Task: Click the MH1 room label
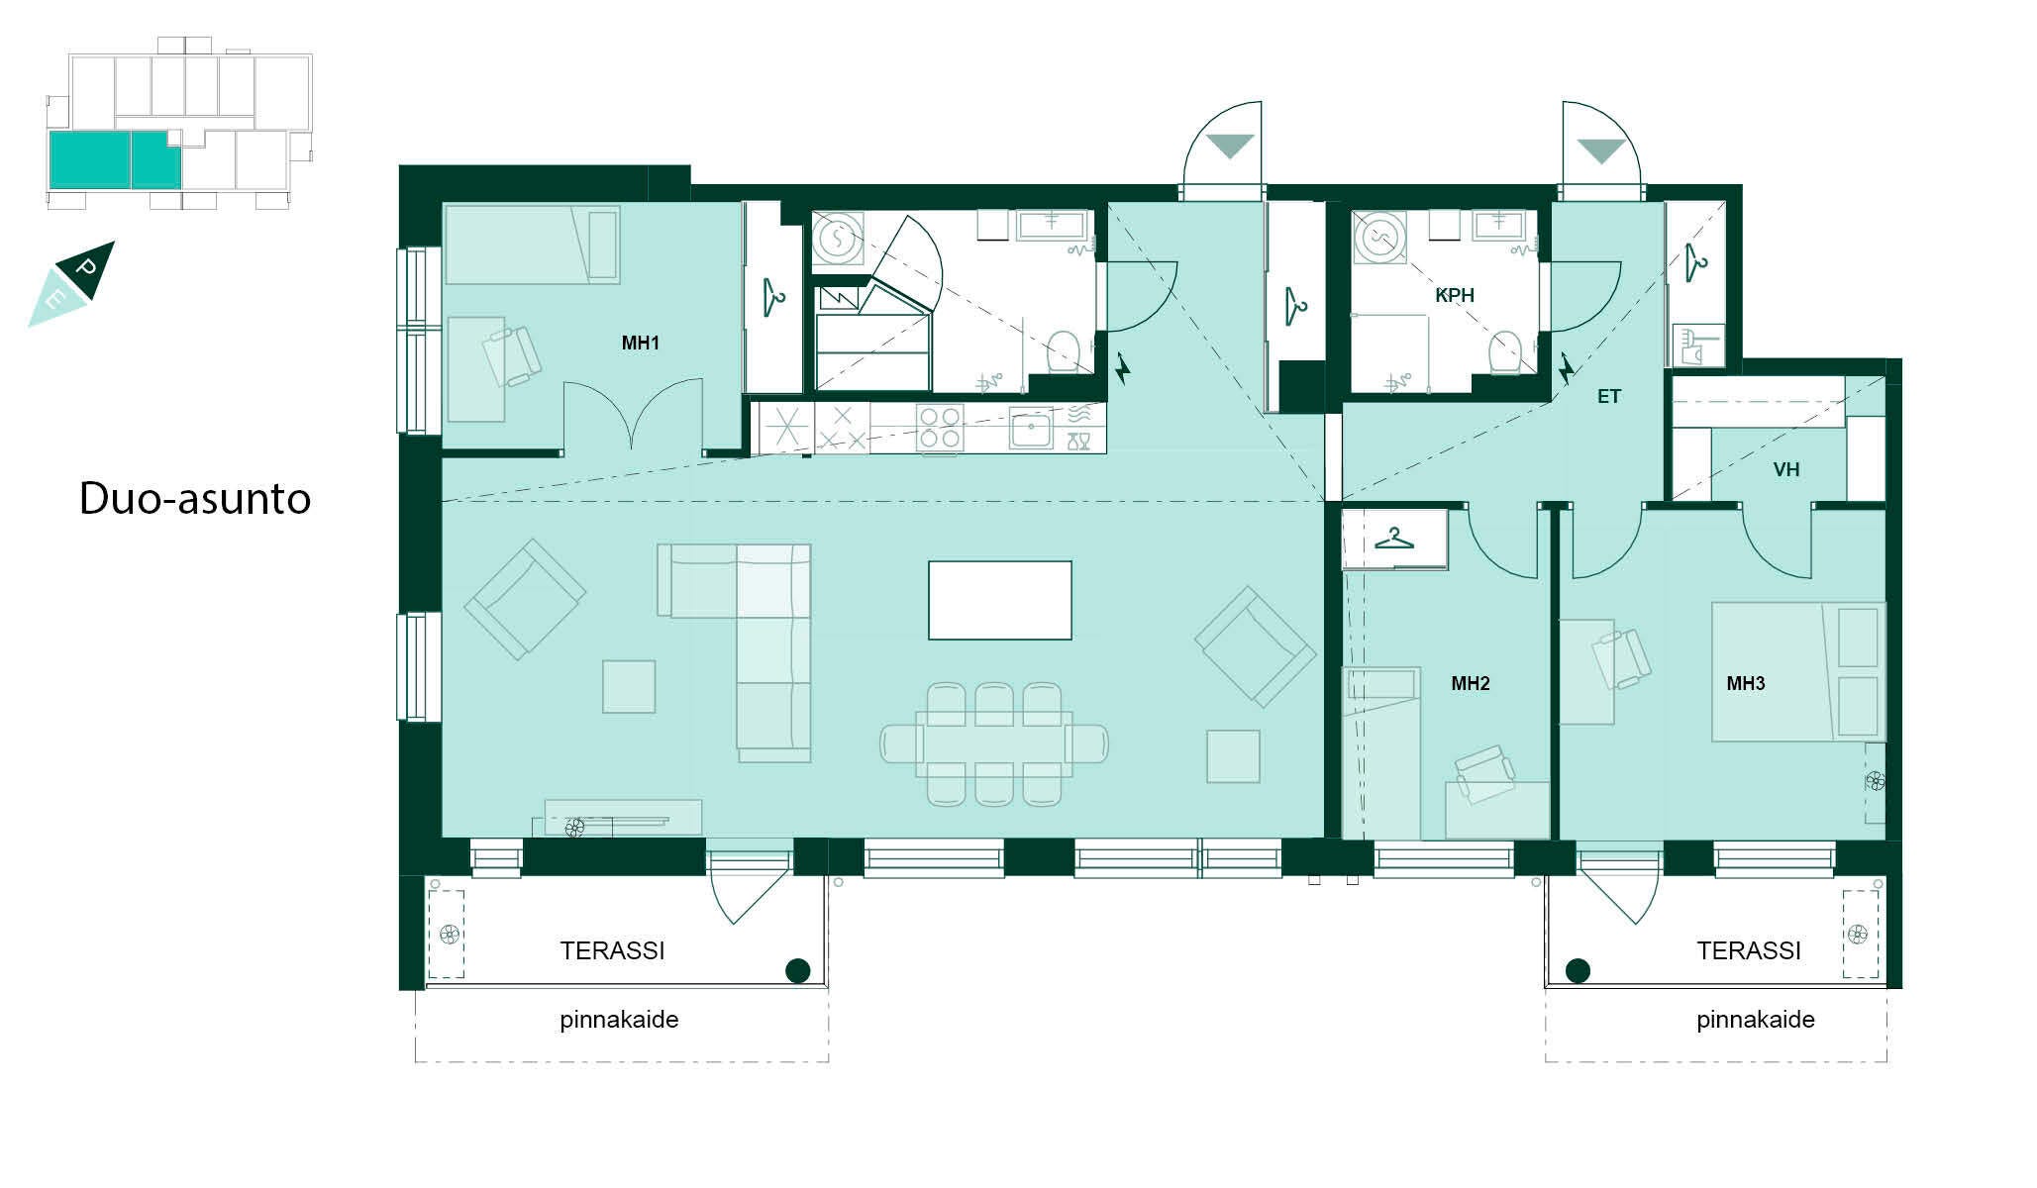click(x=640, y=344)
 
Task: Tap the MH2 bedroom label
click(x=1470, y=683)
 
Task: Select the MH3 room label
click(x=1745, y=683)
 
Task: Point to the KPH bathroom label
click(x=1455, y=295)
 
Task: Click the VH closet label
click(x=1786, y=469)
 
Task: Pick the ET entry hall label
click(x=1608, y=396)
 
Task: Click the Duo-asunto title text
click(x=195, y=498)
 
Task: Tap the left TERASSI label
click(x=612, y=950)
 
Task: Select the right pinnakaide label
click(x=1756, y=1020)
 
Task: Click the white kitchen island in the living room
click(x=1000, y=600)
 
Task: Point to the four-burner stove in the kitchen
click(x=939, y=427)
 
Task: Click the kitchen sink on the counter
click(x=1031, y=430)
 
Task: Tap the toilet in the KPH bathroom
click(x=1504, y=352)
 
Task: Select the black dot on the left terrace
click(x=797, y=970)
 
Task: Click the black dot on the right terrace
click(x=1578, y=970)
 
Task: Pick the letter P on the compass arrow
click(x=86, y=268)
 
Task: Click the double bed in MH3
click(x=1798, y=671)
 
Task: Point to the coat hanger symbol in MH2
click(x=1394, y=539)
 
